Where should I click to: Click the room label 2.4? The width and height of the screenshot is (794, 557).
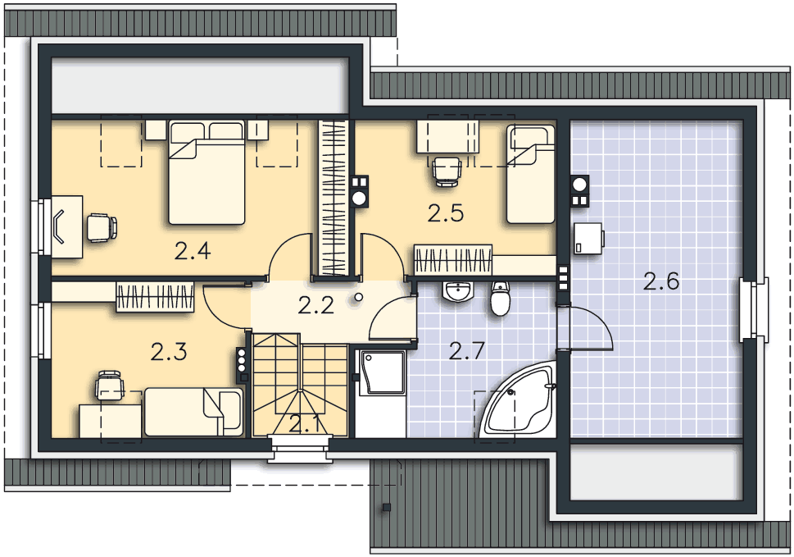[193, 251]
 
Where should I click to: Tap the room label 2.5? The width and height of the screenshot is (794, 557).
[446, 213]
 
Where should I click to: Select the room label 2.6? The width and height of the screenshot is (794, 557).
[661, 281]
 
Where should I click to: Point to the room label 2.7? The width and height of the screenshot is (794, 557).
[467, 351]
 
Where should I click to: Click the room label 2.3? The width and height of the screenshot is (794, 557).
[169, 352]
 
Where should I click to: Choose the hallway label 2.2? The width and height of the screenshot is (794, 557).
[316, 306]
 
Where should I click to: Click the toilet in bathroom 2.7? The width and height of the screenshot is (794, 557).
[501, 299]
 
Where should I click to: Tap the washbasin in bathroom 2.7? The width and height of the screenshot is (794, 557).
[458, 291]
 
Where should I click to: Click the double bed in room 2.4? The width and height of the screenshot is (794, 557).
[206, 172]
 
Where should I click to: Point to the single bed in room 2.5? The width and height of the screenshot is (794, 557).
[531, 174]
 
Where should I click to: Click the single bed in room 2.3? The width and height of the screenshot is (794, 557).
[194, 413]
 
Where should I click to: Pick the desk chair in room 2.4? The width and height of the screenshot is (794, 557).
[102, 227]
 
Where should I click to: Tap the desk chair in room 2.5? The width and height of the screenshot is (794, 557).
[447, 171]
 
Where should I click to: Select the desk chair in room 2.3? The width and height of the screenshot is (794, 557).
[110, 386]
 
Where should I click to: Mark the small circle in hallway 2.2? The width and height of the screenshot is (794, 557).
[359, 298]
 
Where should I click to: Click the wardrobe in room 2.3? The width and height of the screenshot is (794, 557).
[155, 296]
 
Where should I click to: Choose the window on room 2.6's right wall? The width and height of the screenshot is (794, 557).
[755, 309]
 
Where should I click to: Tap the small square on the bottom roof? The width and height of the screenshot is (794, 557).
[387, 507]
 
